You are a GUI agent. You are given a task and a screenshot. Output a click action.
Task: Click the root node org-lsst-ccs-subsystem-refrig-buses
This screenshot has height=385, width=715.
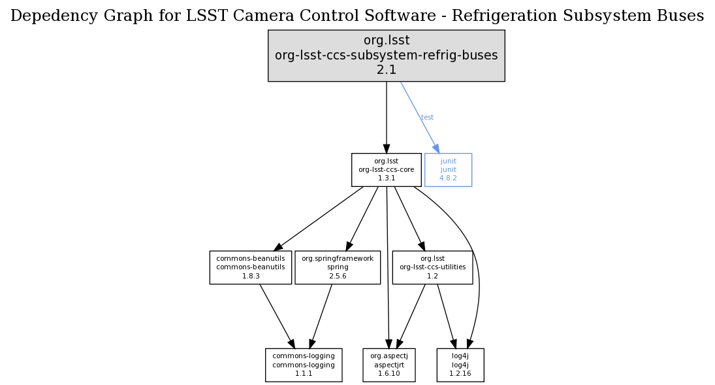[386, 56]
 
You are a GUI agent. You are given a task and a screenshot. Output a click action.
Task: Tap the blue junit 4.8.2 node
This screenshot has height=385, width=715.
[448, 169]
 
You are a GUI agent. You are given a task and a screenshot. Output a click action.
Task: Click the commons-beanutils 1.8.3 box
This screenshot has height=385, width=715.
[250, 267]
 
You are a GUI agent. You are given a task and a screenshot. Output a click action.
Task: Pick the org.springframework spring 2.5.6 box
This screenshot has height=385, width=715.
[337, 267]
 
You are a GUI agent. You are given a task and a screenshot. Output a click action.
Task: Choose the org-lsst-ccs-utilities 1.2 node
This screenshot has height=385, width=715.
[432, 267]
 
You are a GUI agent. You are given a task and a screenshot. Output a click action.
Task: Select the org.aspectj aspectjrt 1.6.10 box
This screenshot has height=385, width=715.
[389, 365]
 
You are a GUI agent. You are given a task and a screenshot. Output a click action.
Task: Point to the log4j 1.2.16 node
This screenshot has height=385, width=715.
[460, 365]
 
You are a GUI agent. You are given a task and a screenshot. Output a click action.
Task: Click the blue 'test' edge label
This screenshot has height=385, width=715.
[427, 118]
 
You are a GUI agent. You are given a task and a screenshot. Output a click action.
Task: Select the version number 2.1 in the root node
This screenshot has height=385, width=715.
[386, 70]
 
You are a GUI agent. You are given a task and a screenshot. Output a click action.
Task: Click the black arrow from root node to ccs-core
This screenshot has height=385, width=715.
[386, 118]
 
